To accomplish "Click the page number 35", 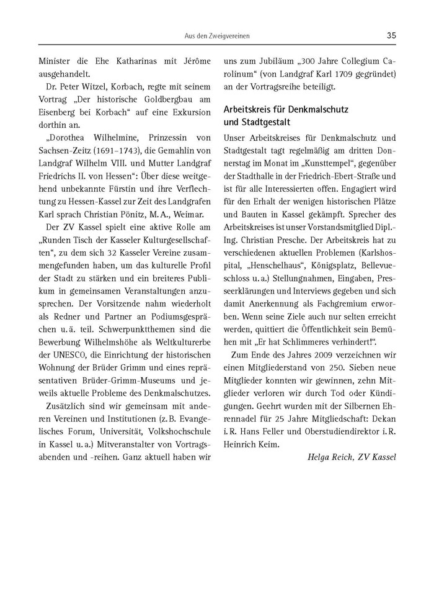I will pyautogui.click(x=391, y=35).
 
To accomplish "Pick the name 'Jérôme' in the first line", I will pyautogui.click(x=193, y=61).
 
